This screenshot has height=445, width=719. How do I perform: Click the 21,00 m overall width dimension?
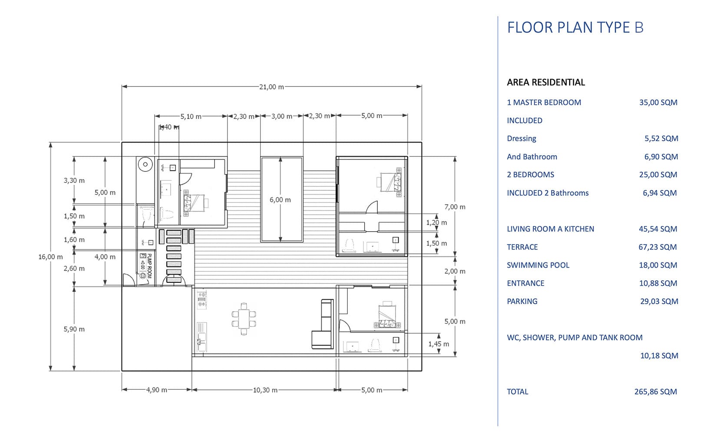coord(271,87)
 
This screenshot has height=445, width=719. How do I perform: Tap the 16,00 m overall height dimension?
coord(50,257)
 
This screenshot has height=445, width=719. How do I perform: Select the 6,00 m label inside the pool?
coord(280,200)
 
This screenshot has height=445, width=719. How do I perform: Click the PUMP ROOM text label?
coord(149,266)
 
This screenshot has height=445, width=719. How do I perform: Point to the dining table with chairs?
coord(244,319)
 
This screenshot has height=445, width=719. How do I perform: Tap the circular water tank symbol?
coord(145,164)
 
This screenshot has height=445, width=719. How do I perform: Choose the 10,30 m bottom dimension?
coord(265,390)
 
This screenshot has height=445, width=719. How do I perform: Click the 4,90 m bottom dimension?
coord(157,390)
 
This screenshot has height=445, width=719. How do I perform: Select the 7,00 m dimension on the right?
coord(455,207)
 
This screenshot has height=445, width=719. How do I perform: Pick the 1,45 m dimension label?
coord(439,344)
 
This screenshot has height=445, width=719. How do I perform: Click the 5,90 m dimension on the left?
coord(74,329)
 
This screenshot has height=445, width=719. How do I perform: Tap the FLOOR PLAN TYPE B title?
coord(575,27)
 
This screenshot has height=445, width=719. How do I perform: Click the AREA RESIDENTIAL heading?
coord(546,82)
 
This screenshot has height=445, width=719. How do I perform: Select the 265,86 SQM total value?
coord(656,392)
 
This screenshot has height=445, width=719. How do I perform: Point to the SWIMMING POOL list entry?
coord(538,265)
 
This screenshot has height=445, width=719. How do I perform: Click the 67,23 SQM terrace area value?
coord(658,247)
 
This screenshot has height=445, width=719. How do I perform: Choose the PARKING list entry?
coord(522,302)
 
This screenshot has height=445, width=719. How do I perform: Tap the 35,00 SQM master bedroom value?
coord(658,103)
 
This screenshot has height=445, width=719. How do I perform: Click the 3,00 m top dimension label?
coord(282,116)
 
